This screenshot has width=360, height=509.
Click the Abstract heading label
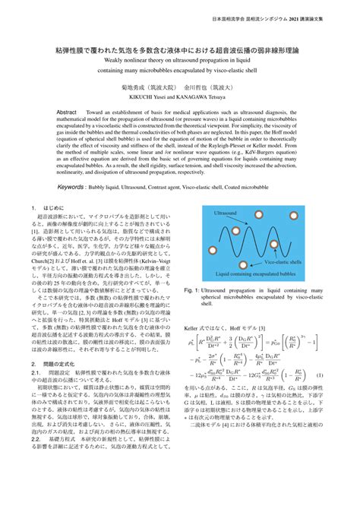tap(68, 111)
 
